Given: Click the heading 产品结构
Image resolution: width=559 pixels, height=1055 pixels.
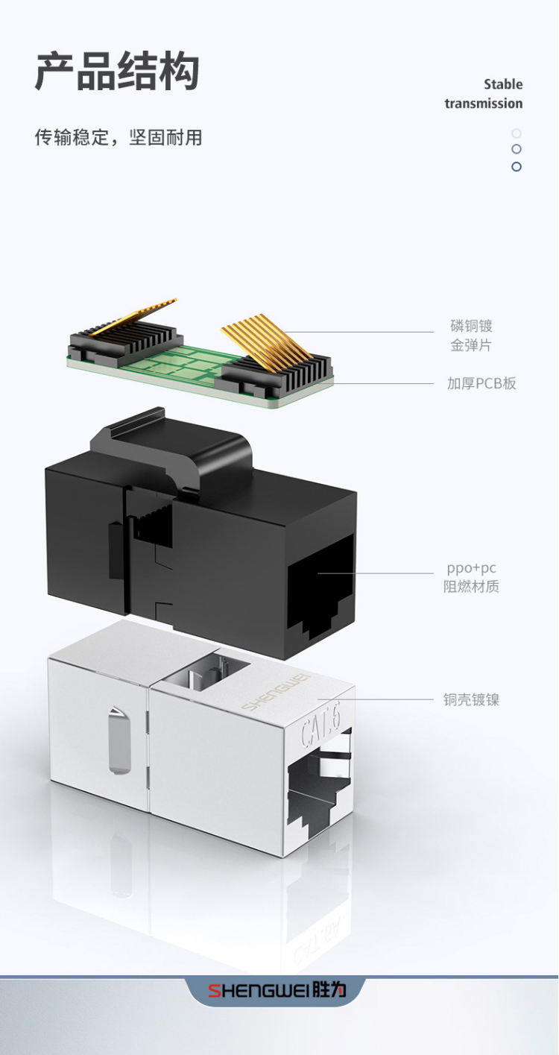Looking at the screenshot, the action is pyautogui.click(x=117, y=72).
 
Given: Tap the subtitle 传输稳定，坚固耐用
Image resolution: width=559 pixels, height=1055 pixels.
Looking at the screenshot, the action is pyautogui.click(x=119, y=137).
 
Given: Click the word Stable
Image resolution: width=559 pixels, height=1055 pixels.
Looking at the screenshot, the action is pyautogui.click(x=503, y=84).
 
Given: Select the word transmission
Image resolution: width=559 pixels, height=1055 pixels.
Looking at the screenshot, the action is pyautogui.click(x=484, y=103).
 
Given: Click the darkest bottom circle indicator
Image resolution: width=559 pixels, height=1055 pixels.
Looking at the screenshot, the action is pyautogui.click(x=517, y=166).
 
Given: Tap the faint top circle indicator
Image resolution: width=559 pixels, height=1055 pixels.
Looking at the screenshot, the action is pyautogui.click(x=517, y=133).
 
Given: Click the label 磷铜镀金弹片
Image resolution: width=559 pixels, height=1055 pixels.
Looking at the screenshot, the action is pyautogui.click(x=471, y=336).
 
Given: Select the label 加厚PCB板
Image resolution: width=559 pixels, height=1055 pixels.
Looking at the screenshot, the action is pyautogui.click(x=481, y=383).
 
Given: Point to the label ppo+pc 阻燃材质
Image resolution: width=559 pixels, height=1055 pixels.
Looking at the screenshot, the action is pyautogui.click(x=471, y=577).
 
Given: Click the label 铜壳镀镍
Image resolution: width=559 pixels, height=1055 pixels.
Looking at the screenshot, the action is pyautogui.click(x=471, y=699).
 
